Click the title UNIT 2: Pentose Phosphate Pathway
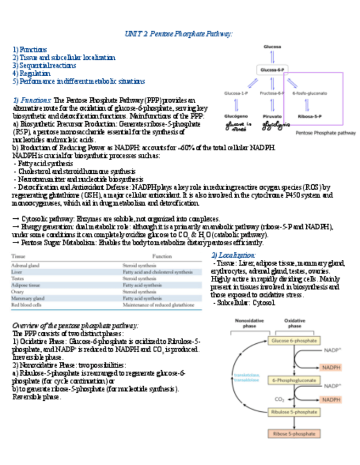click(x=179, y=34)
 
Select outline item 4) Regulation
click(x=31, y=73)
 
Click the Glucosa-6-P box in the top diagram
click(x=272, y=70)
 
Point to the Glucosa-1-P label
click(x=236, y=94)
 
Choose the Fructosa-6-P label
click(x=272, y=94)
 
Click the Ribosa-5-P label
click(x=309, y=116)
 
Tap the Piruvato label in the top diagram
click(x=272, y=116)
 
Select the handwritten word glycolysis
click(x=273, y=126)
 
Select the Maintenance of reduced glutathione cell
click(x=158, y=304)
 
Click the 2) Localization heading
click(x=233, y=256)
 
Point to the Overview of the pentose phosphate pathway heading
click(x=75, y=326)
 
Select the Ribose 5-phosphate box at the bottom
click(x=294, y=433)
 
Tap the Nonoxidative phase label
click(x=245, y=323)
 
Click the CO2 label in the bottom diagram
click(x=279, y=399)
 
